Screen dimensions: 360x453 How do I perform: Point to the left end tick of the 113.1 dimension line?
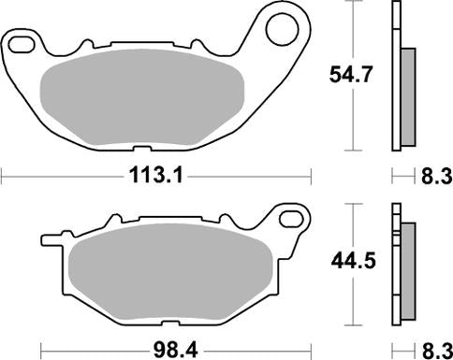point(3,174)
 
